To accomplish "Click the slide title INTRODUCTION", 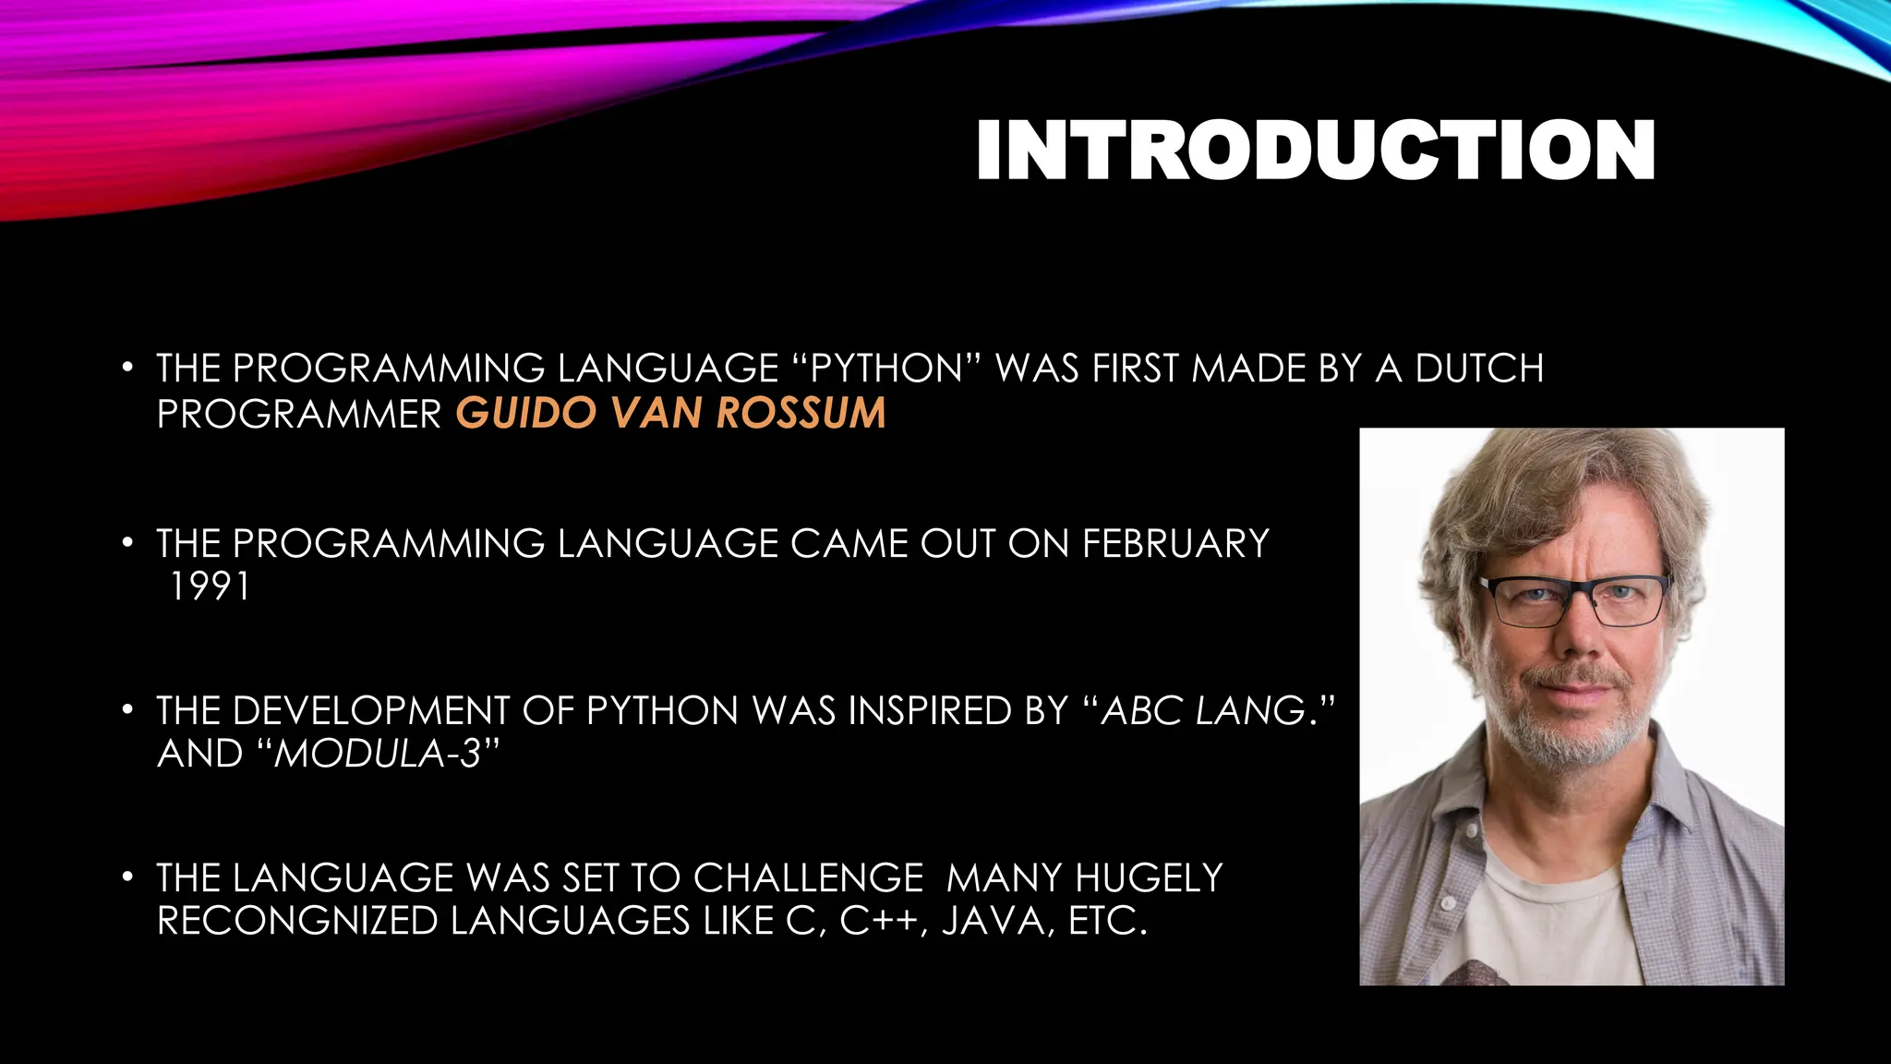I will pyautogui.click(x=1315, y=150).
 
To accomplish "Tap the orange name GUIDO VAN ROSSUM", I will pyautogui.click(x=670, y=413).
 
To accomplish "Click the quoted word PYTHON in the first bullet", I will pyautogui.click(x=886, y=369).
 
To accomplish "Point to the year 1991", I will pyautogui.click(x=210, y=587).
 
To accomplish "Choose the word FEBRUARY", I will pyautogui.click(x=1175, y=544).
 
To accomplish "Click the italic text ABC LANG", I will pyautogui.click(x=1204, y=711).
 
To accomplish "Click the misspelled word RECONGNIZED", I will pyautogui.click(x=297, y=922).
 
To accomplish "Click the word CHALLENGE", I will pyautogui.click(x=808, y=878).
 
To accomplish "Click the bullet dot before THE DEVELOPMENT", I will pyautogui.click(x=128, y=711).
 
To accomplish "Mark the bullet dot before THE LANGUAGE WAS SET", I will pyautogui.click(x=128, y=877).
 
